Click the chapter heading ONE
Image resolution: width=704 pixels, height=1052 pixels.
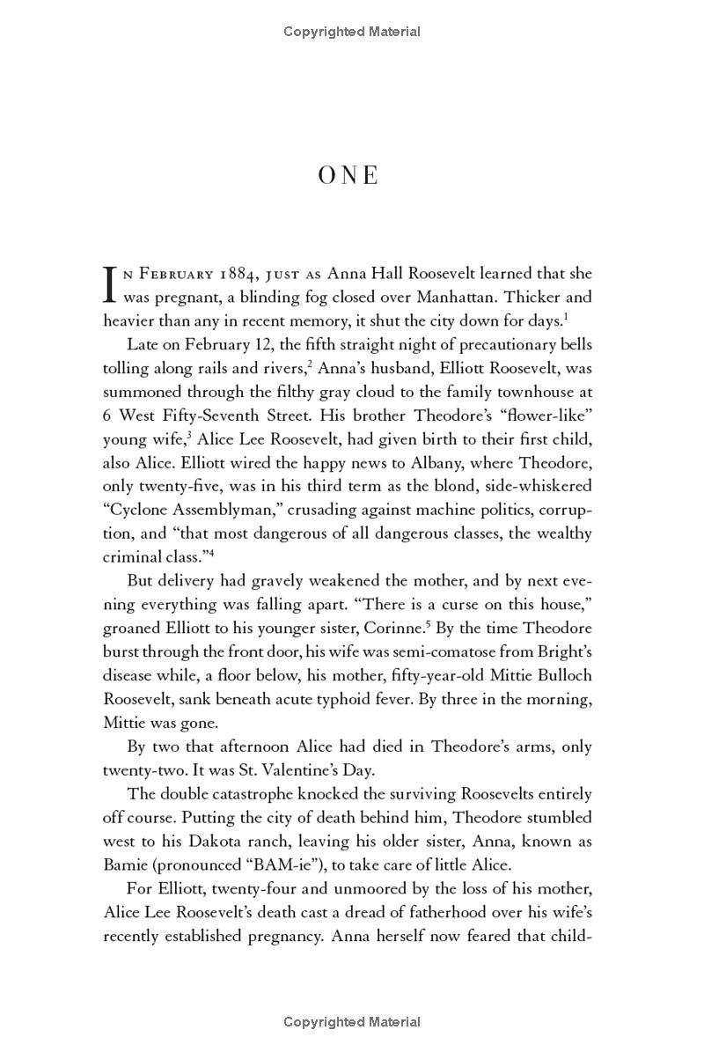(348, 175)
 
